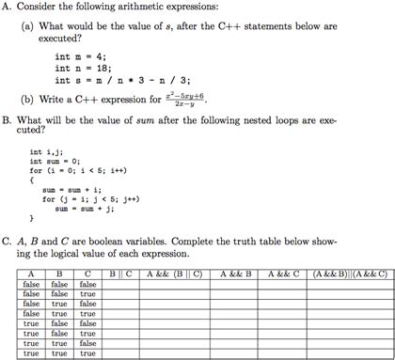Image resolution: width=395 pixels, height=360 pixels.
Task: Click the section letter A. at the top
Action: [x=8, y=8]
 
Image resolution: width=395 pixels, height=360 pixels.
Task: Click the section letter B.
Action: [x=8, y=119]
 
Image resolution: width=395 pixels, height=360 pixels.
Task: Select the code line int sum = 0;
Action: [x=57, y=161]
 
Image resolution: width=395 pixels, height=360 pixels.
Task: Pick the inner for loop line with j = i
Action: [x=87, y=198]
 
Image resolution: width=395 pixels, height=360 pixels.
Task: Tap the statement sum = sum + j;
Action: [x=89, y=208]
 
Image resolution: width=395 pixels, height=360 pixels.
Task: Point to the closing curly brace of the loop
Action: [x=32, y=220]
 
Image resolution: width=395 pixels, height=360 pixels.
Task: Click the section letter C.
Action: [x=8, y=241]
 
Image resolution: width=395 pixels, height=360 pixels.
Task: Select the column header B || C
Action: [x=119, y=274]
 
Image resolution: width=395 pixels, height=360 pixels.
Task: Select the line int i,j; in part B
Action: [x=48, y=151]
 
